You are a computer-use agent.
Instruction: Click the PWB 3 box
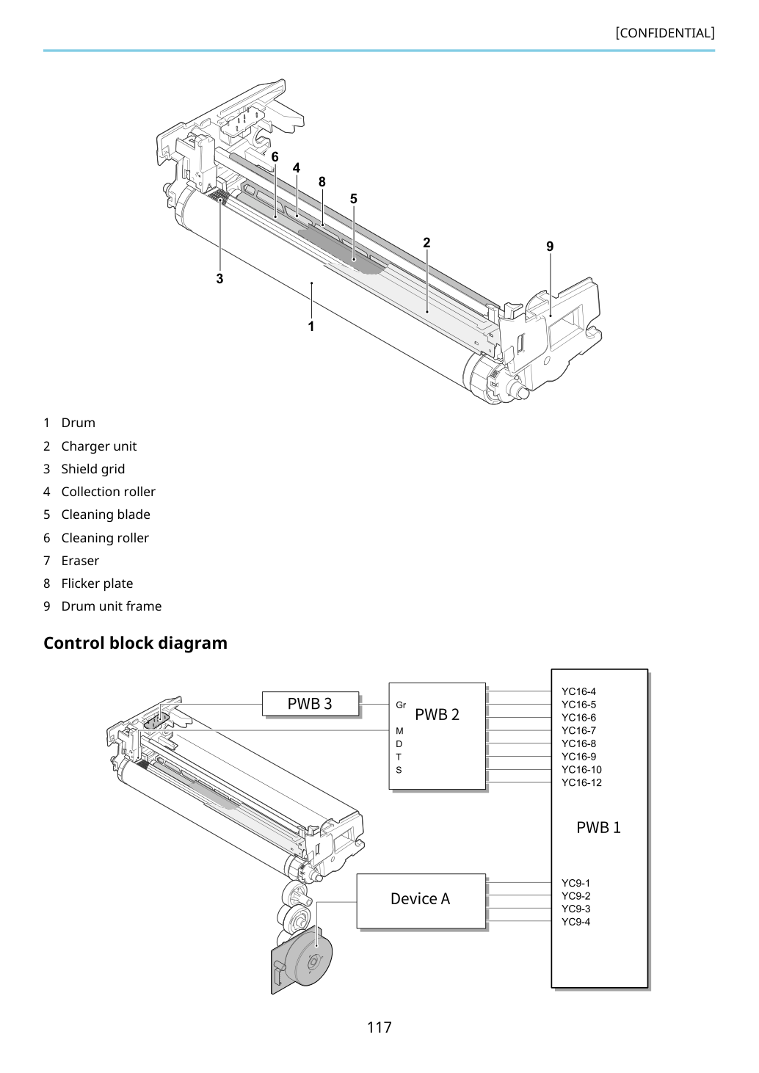310,704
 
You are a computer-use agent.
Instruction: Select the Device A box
421,901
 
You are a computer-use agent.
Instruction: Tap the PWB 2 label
437,714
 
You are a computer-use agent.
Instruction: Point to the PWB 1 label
598,827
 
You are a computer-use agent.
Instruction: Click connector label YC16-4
579,691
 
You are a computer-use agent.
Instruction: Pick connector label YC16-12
581,782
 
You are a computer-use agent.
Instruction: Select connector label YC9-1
576,882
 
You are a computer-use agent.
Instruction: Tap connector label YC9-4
576,922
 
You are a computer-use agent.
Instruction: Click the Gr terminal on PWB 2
401,705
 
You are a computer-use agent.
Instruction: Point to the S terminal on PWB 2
399,770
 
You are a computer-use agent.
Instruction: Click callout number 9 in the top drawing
550,246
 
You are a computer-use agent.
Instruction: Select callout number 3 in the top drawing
220,278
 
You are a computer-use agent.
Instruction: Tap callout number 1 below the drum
311,326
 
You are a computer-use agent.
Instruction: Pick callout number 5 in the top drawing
354,198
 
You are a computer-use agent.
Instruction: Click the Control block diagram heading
136,643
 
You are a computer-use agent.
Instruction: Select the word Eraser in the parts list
80,561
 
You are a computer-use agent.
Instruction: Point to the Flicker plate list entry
88,583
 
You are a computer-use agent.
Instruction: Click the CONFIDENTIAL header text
665,33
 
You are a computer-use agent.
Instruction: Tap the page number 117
379,1027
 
